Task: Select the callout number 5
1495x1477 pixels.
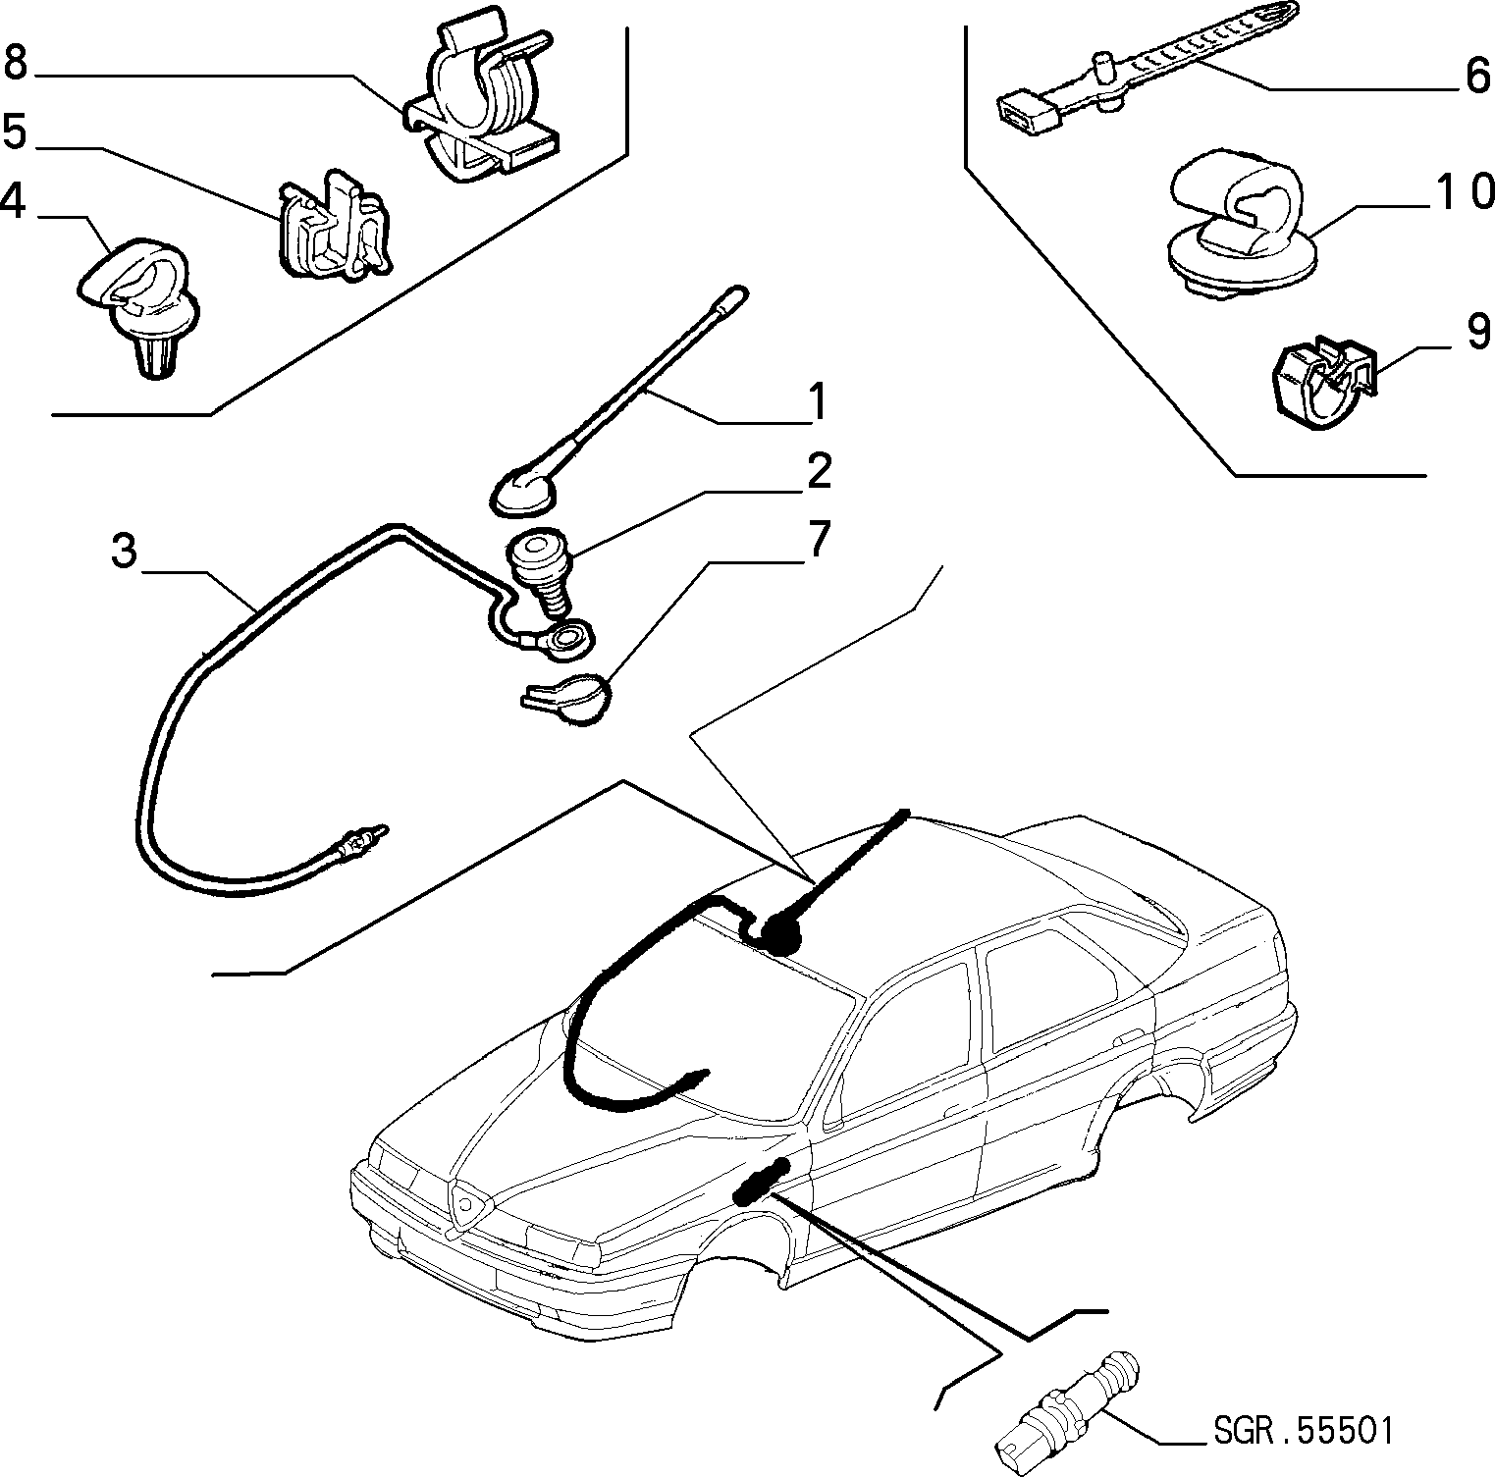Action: [16, 131]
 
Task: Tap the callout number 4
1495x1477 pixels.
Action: [13, 199]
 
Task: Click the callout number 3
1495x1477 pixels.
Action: [124, 552]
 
